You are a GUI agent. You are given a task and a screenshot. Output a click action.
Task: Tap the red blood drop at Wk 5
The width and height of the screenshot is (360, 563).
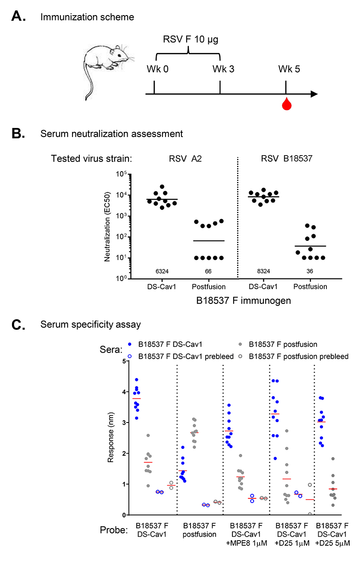point(285,104)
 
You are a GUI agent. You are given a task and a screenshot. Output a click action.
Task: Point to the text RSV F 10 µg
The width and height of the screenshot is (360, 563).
point(188,41)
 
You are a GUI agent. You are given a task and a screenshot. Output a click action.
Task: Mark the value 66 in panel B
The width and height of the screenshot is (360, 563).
point(208,271)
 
